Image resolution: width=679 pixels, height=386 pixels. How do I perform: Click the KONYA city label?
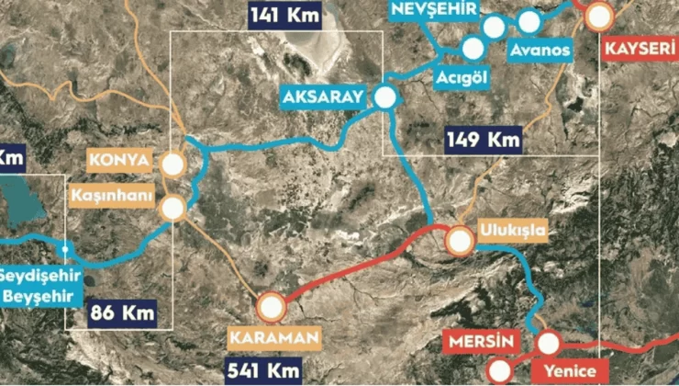(x=120, y=159)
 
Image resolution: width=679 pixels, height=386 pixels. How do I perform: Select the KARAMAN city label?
(x=275, y=337)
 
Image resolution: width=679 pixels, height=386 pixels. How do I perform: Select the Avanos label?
(x=542, y=50)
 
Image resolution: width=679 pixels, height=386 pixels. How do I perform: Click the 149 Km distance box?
(x=484, y=140)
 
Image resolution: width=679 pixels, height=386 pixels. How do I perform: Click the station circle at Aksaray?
(x=384, y=96)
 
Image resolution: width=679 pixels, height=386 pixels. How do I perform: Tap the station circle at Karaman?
(x=273, y=307)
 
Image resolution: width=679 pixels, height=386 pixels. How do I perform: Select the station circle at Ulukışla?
(x=459, y=241)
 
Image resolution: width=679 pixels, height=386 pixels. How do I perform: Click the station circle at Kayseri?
(x=598, y=16)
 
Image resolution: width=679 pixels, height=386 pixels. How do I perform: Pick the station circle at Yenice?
(x=548, y=343)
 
